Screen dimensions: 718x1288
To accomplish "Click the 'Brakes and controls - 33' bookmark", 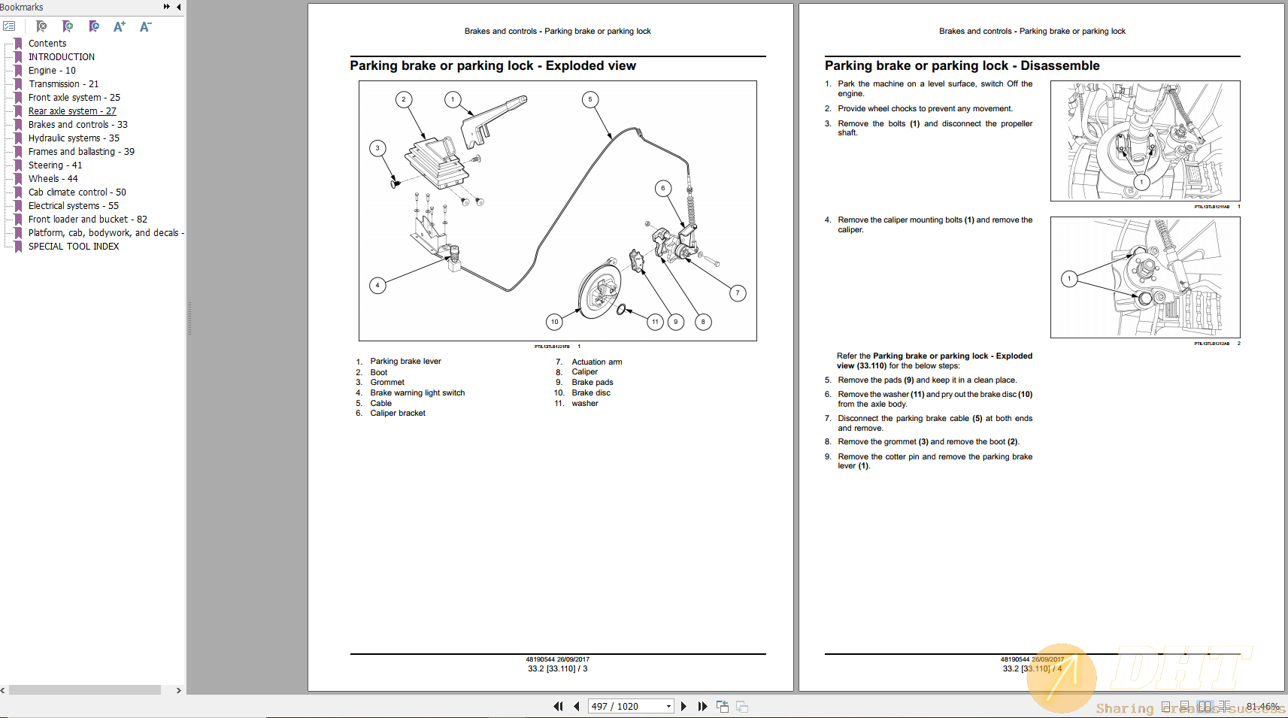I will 77,125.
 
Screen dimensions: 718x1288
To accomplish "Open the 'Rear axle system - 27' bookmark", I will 72,111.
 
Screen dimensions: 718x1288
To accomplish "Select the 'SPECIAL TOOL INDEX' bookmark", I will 73,247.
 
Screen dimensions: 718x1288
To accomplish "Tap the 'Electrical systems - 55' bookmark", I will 73,206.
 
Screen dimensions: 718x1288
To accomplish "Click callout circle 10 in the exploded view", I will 554,322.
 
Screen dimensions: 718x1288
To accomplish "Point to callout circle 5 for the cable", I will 590,99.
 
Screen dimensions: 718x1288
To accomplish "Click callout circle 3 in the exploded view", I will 377,148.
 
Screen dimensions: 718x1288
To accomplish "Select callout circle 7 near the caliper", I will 738,293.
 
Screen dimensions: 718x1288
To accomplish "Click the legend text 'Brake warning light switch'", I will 417,393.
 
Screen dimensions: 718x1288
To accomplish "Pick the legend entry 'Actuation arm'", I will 596,362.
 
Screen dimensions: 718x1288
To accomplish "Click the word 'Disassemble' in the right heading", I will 1059,66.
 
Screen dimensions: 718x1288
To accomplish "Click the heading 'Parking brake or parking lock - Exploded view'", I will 492,66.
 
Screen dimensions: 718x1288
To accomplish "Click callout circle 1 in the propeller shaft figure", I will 1141,182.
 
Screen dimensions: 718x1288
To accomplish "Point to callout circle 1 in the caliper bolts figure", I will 1069,279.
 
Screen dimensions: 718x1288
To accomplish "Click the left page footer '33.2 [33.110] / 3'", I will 557,669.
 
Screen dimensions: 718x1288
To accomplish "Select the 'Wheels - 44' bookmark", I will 53,179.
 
